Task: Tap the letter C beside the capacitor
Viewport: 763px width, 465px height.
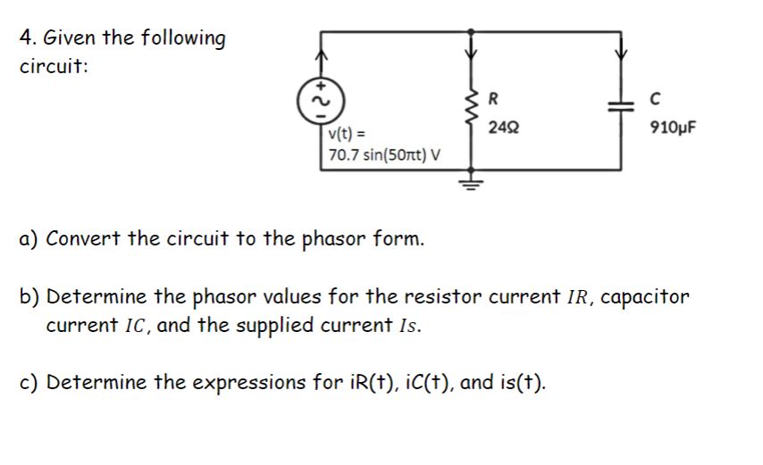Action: [x=658, y=98]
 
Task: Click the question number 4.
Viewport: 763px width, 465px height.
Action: [x=26, y=39]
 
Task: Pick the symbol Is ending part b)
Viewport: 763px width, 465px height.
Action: [x=407, y=325]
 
